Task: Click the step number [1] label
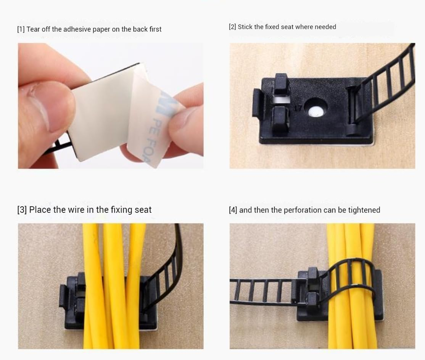21,29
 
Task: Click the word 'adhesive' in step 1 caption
65,29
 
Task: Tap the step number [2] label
232,27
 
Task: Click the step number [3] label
22,210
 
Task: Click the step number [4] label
233,210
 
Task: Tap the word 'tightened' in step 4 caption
365,210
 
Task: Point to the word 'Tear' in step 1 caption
33,29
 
